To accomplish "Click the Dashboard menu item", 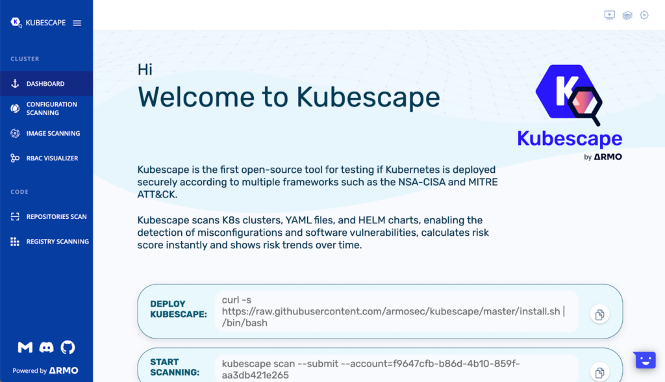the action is click(x=45, y=84).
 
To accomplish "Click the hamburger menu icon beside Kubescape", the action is click(x=77, y=23).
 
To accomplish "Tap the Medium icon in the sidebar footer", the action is click(x=25, y=347).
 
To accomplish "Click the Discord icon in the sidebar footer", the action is click(x=46, y=347).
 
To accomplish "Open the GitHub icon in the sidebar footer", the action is click(x=68, y=347).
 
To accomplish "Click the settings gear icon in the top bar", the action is click(x=644, y=16).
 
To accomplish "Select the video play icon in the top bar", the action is click(x=609, y=16).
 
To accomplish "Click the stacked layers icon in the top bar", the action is click(x=627, y=16).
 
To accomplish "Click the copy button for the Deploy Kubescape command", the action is click(x=599, y=314).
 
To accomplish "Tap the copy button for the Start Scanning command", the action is click(x=599, y=372).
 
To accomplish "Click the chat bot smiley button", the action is click(x=645, y=361).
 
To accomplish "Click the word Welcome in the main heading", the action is click(x=196, y=97).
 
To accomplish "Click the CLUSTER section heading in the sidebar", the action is click(x=25, y=59).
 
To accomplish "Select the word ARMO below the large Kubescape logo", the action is click(x=608, y=157).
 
